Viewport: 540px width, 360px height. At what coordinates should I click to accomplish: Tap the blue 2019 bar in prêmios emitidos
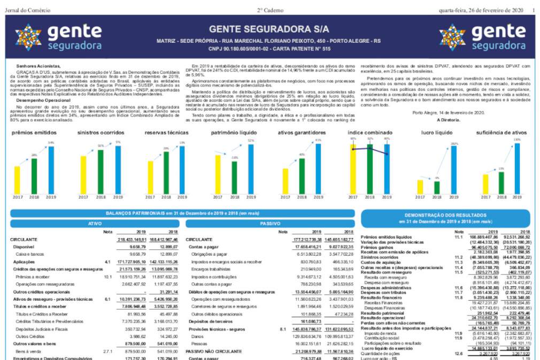51,170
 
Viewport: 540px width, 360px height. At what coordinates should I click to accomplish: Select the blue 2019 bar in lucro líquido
454,169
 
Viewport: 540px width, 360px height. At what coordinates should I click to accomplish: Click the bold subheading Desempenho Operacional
39,100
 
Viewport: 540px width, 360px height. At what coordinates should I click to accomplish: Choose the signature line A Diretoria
448,120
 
